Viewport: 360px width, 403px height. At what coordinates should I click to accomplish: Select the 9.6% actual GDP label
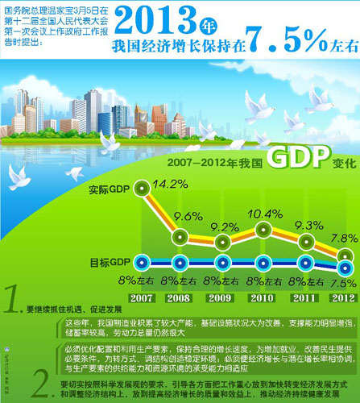tap(188, 216)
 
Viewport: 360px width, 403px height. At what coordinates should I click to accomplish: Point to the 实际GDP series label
tap(110, 189)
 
